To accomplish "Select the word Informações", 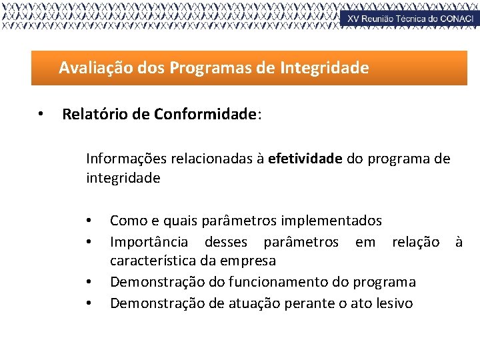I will coord(127,159).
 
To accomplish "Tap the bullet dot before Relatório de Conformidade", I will coord(41,115).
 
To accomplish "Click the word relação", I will coord(415,241).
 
